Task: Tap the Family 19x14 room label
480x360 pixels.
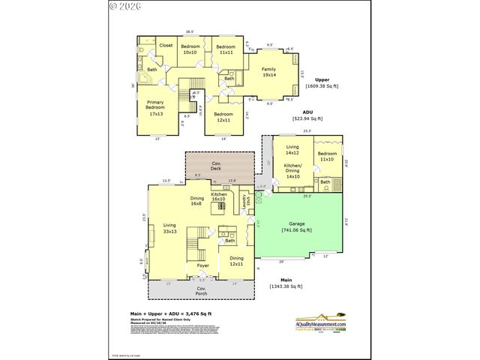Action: (269, 72)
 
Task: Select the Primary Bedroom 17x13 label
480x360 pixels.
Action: (156, 108)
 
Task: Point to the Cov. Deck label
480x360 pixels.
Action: (215, 166)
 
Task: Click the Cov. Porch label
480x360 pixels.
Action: (202, 291)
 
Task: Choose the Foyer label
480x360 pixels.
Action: (202, 265)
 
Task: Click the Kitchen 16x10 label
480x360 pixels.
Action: (218, 196)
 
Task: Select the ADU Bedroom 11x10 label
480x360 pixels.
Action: (327, 156)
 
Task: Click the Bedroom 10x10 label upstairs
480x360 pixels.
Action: (190, 49)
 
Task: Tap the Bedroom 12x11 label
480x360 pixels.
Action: (223, 118)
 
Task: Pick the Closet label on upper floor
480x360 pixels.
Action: (166, 46)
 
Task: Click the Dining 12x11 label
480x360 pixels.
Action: (236, 261)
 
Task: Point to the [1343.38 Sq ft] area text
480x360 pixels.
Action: (286, 286)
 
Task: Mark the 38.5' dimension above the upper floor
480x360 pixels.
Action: (190, 31)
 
